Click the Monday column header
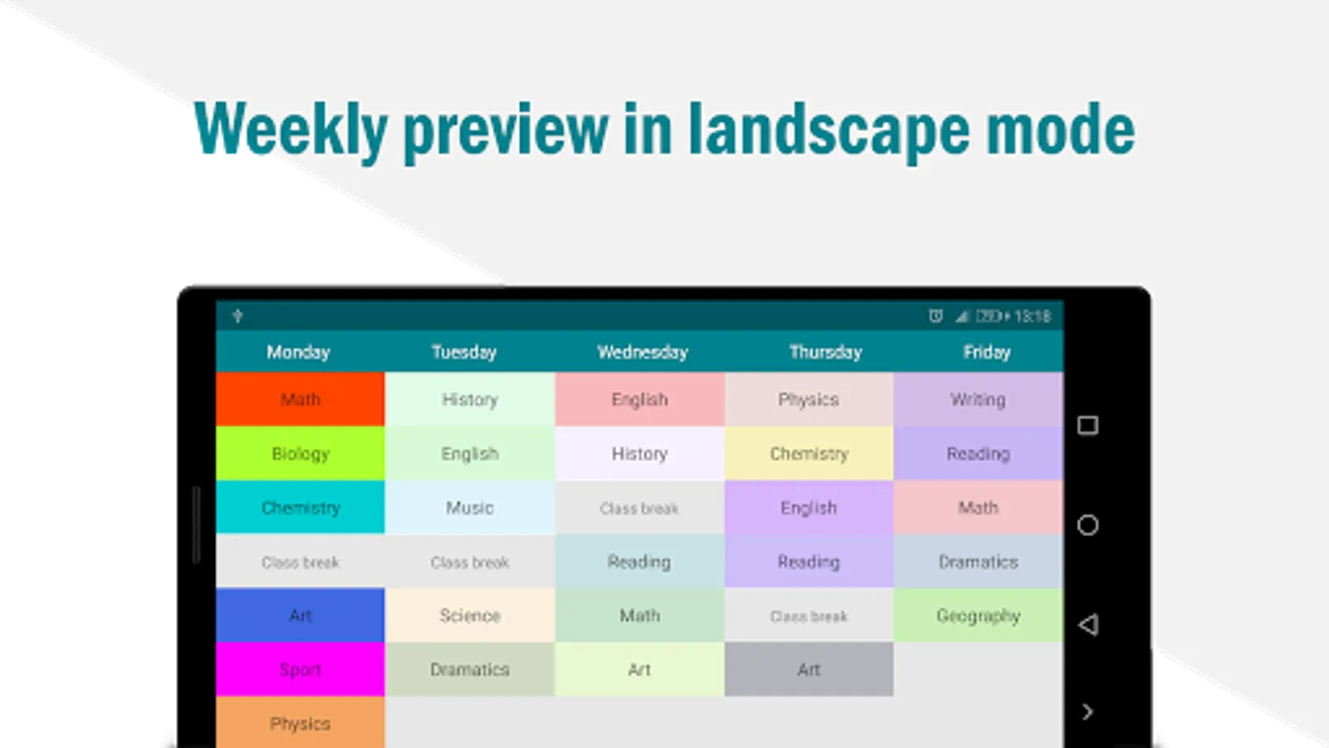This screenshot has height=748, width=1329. tap(298, 352)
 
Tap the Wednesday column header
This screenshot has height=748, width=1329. tap(643, 352)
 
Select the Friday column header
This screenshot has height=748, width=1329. tap(987, 352)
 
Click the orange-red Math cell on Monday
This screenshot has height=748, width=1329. tap(300, 399)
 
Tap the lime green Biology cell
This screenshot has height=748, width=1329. tap(300, 454)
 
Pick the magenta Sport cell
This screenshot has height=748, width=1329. tap(300, 669)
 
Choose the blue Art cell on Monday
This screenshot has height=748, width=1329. tap(300, 615)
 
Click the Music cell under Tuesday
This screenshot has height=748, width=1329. tap(470, 508)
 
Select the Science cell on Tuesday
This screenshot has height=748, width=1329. tap(470, 615)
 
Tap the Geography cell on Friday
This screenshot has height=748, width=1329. tap(978, 615)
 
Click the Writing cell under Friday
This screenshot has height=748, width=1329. tap(978, 399)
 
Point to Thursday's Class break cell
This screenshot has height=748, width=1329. tap(809, 615)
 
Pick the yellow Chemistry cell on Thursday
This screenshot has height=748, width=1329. tap(809, 454)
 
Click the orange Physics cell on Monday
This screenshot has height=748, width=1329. tap(300, 722)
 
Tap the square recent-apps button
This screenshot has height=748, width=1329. tap(1087, 425)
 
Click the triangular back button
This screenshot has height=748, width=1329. tap(1088, 624)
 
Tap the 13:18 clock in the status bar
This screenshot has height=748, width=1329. tap(1032, 317)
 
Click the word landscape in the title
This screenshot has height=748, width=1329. tap(828, 130)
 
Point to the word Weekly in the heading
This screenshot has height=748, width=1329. tap(291, 130)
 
